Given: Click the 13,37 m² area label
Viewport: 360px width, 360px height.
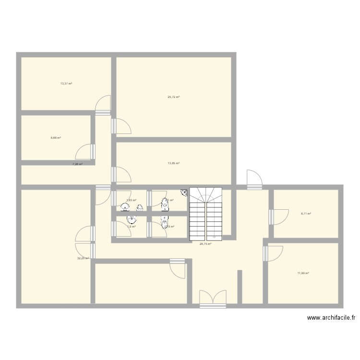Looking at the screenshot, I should [x=66, y=84].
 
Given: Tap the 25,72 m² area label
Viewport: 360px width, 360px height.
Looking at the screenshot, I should [x=173, y=97].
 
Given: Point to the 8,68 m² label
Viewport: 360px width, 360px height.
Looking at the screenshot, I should [x=56, y=138].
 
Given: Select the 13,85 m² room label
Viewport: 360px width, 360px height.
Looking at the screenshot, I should [x=173, y=163].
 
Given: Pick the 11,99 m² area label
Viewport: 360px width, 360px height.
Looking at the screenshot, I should [x=303, y=273].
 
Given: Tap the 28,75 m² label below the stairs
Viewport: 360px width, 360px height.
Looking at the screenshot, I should [x=205, y=244].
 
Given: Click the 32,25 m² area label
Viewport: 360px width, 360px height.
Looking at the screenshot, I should [x=83, y=258].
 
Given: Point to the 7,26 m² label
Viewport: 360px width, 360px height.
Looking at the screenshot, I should [x=77, y=164].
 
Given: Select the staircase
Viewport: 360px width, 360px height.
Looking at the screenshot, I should [x=206, y=214].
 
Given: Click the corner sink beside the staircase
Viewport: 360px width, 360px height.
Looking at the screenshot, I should [x=184, y=193].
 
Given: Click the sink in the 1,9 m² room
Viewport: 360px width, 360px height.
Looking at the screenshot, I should [x=131, y=220].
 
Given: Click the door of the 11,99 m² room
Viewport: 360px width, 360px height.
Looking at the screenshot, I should [x=274, y=253].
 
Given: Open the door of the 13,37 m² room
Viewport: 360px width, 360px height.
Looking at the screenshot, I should [x=103, y=106].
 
